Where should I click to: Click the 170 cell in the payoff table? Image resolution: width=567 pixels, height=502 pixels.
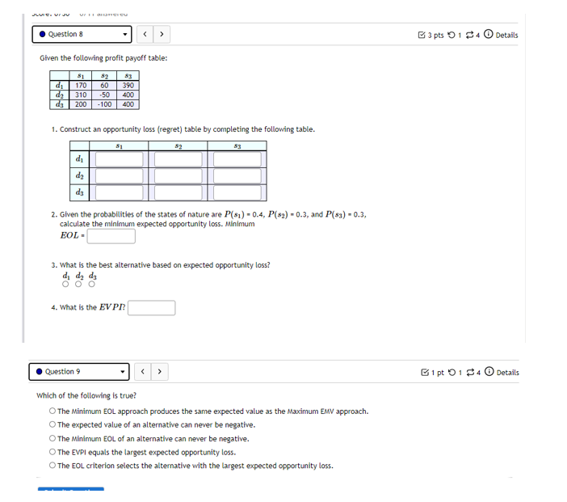click(81, 85)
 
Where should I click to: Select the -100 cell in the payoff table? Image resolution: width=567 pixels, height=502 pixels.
click(104, 104)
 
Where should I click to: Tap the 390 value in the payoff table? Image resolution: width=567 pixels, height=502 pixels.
click(128, 85)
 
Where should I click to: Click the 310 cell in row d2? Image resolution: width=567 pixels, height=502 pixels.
click(81, 95)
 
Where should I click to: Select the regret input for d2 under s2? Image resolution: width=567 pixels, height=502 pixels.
click(178, 176)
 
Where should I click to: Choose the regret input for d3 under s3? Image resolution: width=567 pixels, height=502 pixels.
click(237, 193)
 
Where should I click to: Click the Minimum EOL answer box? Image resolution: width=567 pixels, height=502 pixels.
click(111, 236)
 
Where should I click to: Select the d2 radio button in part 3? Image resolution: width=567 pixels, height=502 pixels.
click(79, 284)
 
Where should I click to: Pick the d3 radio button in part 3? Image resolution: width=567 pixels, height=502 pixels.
click(92, 284)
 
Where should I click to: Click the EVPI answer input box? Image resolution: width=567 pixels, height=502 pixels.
click(152, 308)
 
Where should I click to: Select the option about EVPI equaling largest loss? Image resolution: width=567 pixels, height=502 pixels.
click(52, 453)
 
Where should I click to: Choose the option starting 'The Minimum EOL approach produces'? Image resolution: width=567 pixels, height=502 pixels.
click(52, 411)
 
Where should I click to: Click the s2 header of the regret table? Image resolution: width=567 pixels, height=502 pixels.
click(178, 146)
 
